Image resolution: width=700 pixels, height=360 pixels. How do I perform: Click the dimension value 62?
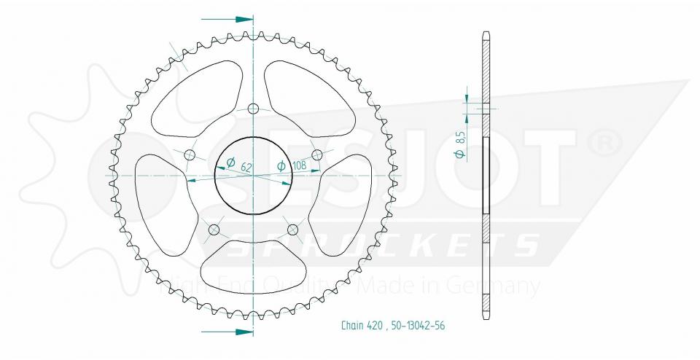point(246,168)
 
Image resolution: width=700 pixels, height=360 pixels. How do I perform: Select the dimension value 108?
point(298,166)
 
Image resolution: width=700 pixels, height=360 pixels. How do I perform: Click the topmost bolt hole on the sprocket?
point(253,109)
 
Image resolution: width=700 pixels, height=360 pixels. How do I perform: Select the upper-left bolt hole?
point(190,154)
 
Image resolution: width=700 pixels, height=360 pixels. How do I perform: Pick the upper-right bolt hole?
point(317,154)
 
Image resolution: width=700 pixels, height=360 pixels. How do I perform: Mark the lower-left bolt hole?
point(214,230)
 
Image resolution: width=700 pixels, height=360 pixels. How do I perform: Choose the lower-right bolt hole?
point(293,230)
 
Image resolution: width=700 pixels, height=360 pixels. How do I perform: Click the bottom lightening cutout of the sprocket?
point(253,264)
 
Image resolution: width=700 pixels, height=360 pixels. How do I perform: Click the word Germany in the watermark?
point(504,286)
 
